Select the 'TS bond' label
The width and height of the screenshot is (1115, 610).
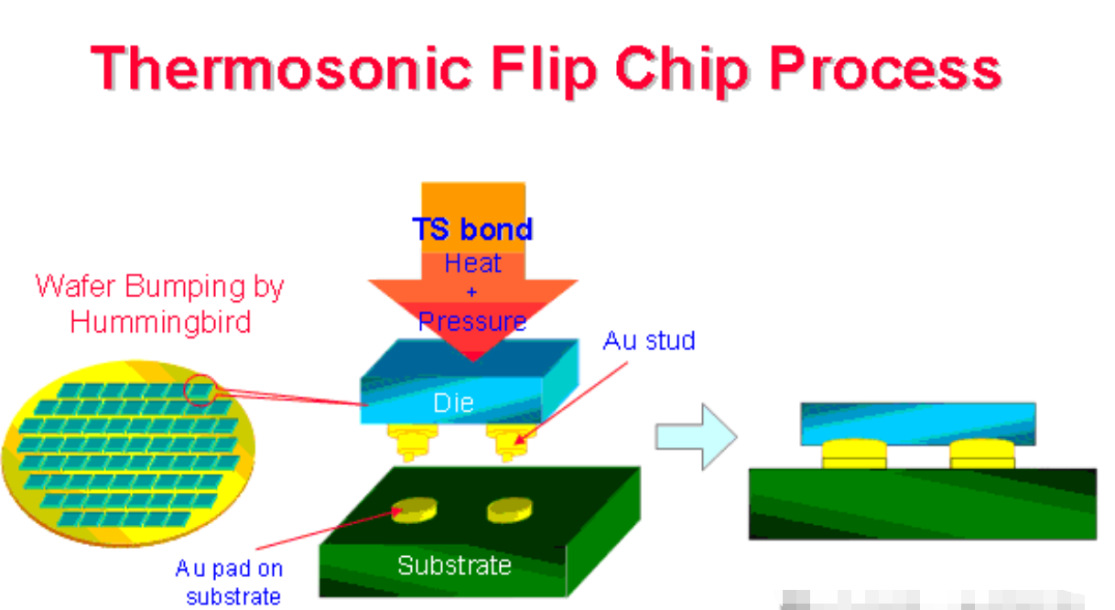472,229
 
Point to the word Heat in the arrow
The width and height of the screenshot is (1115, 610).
472,263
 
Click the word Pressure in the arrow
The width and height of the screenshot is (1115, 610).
472,322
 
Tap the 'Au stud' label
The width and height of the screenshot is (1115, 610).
649,341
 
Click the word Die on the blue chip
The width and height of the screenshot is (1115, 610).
454,402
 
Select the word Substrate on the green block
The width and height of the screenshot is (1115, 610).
454,565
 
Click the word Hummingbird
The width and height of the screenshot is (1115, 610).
160,322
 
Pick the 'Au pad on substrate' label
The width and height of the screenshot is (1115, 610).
230,583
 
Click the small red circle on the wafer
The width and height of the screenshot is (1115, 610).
200,391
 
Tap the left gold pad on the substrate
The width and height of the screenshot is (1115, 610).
415,509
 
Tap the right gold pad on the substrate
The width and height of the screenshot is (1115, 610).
509,508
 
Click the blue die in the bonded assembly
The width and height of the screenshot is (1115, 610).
918,423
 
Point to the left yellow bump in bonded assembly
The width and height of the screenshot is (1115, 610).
854,453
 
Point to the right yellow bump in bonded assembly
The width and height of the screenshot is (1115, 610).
982,453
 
